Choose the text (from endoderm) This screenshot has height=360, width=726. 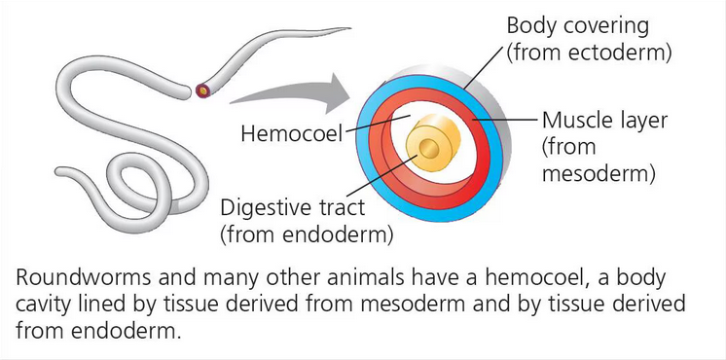pos(308,234)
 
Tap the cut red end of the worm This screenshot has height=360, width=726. pos(202,90)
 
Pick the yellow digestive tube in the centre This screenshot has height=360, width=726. pos(429,146)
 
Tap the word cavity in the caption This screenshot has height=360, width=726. pos(43,304)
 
